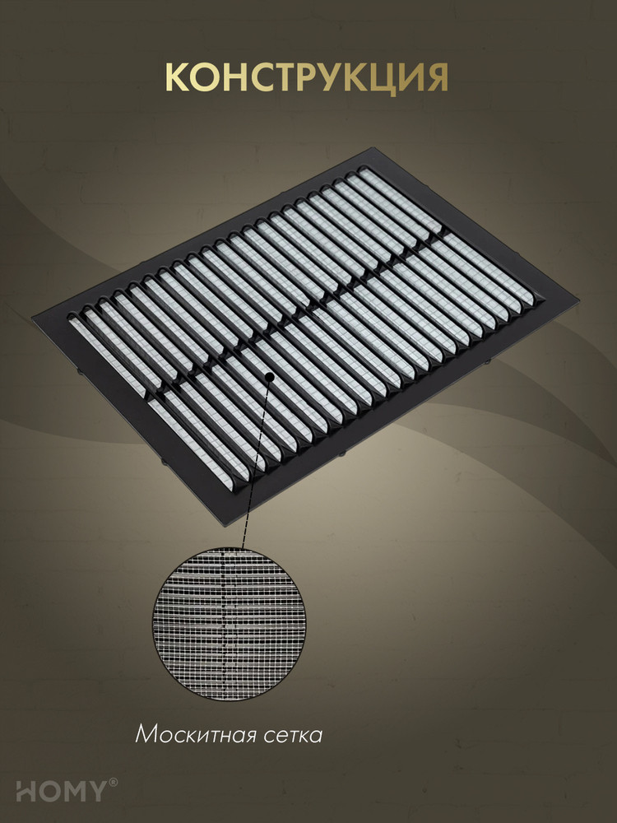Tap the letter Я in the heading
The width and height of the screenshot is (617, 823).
click(x=434, y=77)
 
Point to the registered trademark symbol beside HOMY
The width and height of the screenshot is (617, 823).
click(x=113, y=783)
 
